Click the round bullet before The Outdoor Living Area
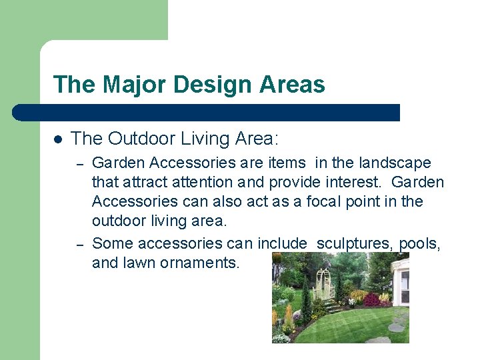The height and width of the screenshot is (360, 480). pos(58,139)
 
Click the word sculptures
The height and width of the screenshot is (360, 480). pos(353,243)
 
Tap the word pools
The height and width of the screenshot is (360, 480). pos(419,243)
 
